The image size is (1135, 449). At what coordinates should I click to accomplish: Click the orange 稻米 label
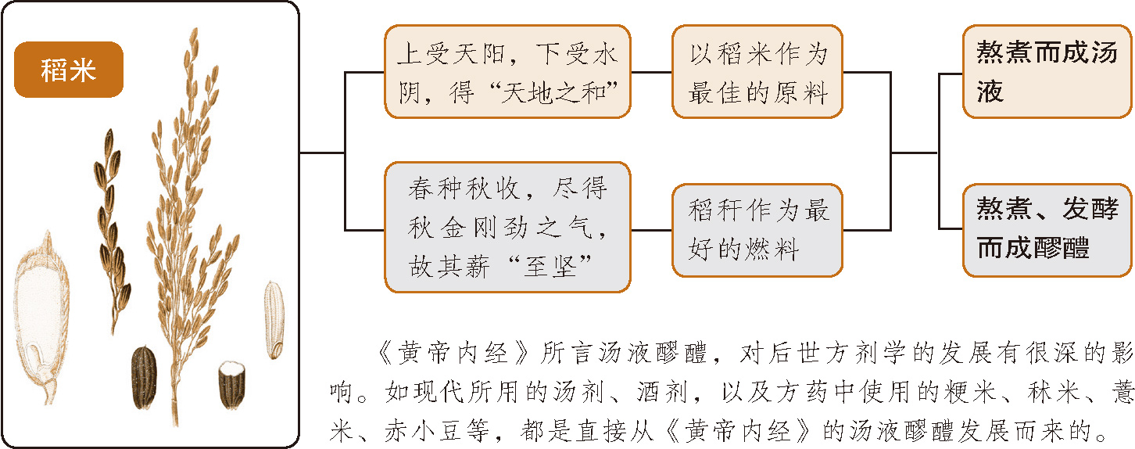(69, 70)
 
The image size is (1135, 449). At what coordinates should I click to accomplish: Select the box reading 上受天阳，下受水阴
(507, 72)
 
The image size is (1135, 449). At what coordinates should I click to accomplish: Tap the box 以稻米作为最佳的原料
(757, 72)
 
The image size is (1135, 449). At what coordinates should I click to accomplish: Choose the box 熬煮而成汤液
(1047, 72)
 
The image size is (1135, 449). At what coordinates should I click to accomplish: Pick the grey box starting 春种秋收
(507, 227)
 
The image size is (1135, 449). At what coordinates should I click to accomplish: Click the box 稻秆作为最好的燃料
(757, 230)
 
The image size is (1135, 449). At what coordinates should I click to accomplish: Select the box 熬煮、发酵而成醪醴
(1047, 230)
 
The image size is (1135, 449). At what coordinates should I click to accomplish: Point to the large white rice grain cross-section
(41, 313)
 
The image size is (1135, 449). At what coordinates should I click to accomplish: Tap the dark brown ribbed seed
(144, 377)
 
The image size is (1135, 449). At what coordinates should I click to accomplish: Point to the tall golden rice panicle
(188, 203)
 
